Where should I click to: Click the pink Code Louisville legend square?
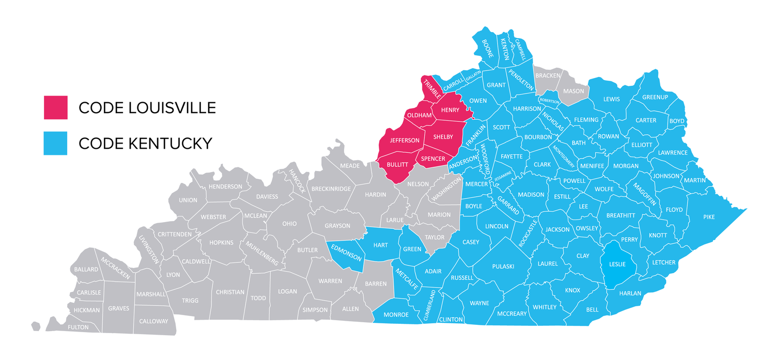click(55, 107)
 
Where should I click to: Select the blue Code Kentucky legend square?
click(55, 143)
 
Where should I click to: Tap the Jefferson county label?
click(405, 140)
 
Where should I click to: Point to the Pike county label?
click(709, 217)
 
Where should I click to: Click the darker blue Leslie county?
click(617, 264)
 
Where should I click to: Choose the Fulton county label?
click(78, 327)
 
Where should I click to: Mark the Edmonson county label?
click(346, 253)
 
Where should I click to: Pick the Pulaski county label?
click(503, 266)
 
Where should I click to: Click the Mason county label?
click(574, 91)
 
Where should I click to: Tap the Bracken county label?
click(548, 75)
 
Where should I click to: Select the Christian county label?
click(230, 292)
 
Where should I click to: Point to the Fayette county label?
click(512, 156)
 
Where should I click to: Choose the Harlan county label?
click(630, 293)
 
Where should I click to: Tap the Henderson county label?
click(225, 186)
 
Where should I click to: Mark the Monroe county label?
click(396, 315)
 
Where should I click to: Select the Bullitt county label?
click(397, 164)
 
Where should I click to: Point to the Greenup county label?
click(655, 97)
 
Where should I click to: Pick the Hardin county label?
click(376, 194)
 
